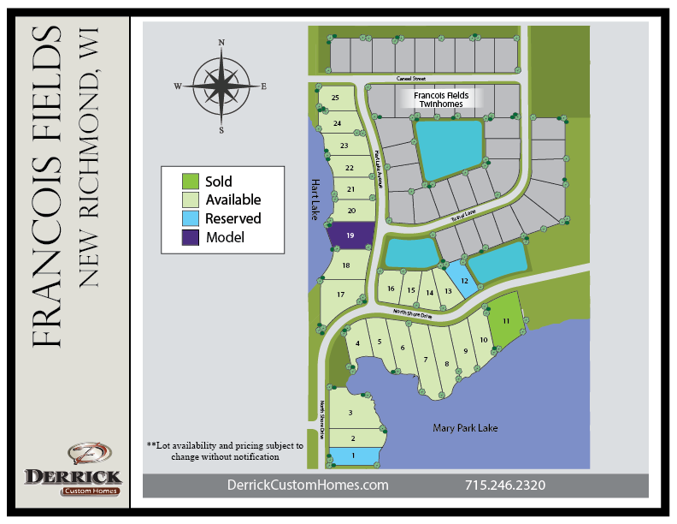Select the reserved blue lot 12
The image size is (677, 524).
[463, 281]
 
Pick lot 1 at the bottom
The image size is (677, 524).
[353, 456]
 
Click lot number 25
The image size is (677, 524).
[335, 98]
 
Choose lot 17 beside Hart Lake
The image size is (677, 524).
[339, 295]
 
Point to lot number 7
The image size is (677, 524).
[425, 359]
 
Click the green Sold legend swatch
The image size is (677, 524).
[191, 182]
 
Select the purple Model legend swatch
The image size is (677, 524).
[191, 237]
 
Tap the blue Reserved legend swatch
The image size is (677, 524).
[191, 218]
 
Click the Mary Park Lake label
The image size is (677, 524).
[465, 427]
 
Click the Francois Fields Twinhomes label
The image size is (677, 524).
[442, 100]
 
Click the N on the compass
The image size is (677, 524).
[221, 42]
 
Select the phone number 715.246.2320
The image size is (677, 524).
[505, 485]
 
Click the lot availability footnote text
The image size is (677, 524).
[225, 451]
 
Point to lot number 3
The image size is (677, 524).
[350, 413]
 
